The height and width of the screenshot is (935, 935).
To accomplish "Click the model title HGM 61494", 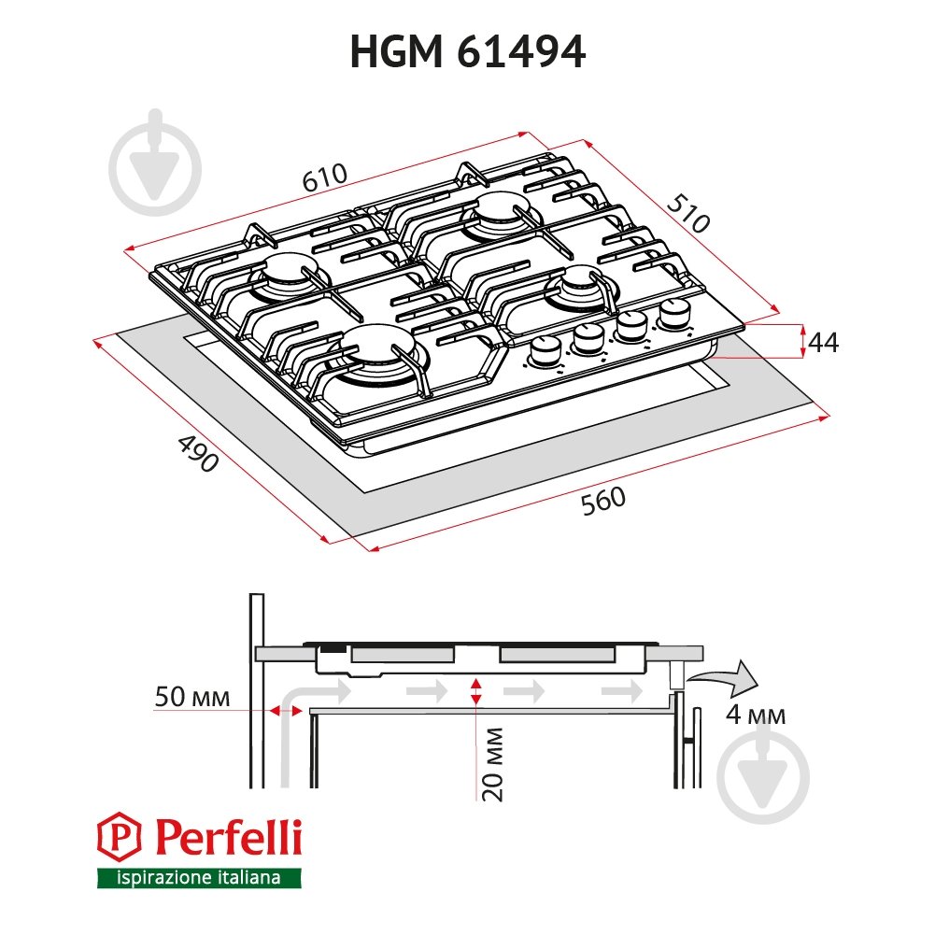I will coord(467,52).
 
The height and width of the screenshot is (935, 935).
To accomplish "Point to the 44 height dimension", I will coord(822,343).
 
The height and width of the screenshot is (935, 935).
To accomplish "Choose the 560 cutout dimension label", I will coord(602,502).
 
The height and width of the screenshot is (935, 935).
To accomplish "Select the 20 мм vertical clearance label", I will coord(495,763).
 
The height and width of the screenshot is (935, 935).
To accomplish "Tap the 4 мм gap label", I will coord(755,716).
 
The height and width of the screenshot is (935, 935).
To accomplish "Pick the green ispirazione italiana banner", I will coord(200,878).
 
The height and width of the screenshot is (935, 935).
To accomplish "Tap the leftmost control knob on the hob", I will coord(545,351).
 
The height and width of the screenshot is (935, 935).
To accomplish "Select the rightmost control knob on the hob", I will coord(673,314).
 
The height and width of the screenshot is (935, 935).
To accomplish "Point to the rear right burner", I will coord(503,213).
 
